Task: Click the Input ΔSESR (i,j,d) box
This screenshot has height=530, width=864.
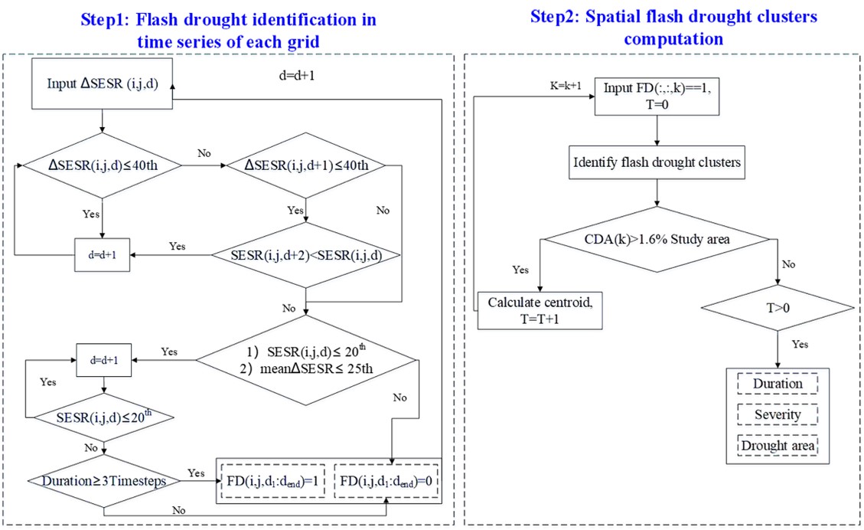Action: click(102, 85)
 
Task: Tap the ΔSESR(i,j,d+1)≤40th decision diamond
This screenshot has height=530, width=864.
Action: click(306, 165)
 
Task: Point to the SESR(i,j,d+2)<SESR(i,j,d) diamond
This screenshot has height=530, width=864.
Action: click(306, 254)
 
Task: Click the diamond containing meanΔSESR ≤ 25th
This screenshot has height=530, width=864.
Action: click(306, 360)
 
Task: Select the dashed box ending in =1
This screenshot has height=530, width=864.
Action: click(272, 483)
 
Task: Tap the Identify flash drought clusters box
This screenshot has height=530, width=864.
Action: click(656, 163)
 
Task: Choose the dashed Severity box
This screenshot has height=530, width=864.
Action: click(778, 414)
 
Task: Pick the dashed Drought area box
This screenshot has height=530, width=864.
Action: click(778, 445)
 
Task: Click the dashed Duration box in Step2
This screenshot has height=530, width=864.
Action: click(778, 384)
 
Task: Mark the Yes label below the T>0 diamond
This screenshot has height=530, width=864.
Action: click(800, 345)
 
